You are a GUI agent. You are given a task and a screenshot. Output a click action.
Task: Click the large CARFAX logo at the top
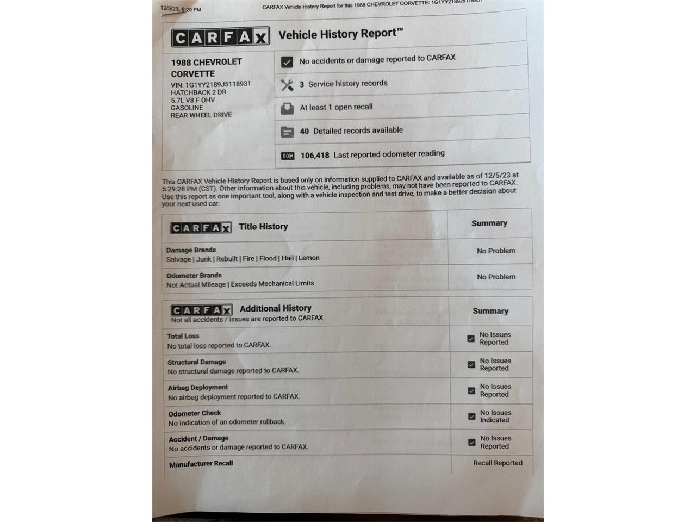(220, 37)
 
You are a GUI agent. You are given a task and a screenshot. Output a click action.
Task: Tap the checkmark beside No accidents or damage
(287, 62)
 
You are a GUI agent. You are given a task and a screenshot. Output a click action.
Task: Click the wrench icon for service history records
(287, 85)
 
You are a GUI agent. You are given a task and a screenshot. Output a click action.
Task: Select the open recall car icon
(287, 109)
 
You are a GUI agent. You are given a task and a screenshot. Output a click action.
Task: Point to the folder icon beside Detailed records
(287, 132)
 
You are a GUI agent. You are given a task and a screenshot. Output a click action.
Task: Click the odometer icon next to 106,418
(288, 156)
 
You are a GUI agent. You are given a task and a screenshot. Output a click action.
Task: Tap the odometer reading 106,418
(315, 156)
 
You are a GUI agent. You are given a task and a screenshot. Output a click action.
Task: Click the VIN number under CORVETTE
(217, 84)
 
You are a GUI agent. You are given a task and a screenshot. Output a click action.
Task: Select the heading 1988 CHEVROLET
(206, 62)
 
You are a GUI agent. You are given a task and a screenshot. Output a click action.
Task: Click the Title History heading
(263, 227)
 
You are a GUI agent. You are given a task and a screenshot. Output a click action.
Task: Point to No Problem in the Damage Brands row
(496, 251)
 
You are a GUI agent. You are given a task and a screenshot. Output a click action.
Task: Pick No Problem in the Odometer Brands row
(496, 277)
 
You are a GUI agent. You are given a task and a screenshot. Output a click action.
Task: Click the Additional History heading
(275, 308)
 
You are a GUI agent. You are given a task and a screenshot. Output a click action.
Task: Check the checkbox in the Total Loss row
(471, 338)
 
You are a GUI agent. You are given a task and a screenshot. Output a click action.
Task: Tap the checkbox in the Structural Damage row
(471, 364)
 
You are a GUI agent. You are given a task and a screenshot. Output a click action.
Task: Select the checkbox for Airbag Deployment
(471, 390)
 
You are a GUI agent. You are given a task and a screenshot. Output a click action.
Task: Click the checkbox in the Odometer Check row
(471, 417)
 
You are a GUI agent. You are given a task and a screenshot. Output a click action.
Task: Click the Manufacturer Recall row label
(201, 464)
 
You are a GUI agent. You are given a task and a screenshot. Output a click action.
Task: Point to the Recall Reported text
(498, 463)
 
